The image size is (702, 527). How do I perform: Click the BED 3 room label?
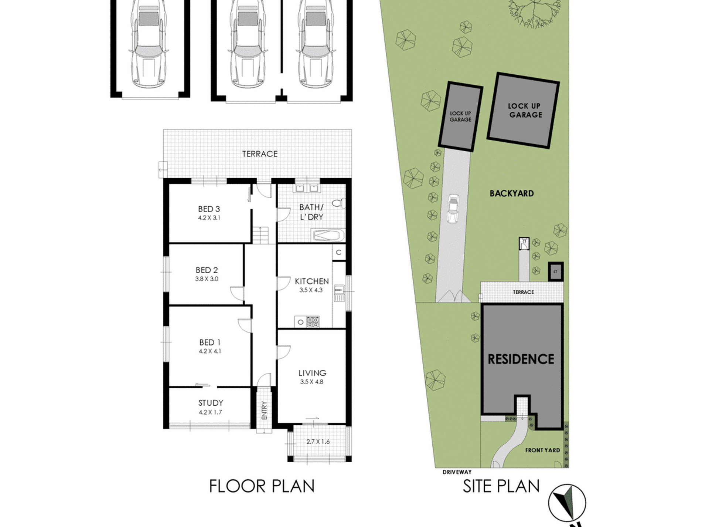coord(209,209)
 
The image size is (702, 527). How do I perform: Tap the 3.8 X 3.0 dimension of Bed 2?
coord(207,279)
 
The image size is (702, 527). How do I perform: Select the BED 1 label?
coord(209,342)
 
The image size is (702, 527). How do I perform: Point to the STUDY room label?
coord(211,403)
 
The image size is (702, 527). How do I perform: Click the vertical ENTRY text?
coord(264,410)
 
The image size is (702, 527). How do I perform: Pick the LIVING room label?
coord(312,373)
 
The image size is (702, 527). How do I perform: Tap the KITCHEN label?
coord(312,281)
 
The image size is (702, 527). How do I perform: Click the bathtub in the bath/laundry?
coord(328,235)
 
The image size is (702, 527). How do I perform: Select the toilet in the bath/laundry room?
coord(339,203)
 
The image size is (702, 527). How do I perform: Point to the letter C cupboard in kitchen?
coord(338,253)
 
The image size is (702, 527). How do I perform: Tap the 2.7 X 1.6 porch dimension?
coord(318,442)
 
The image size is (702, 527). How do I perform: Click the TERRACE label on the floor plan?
coord(260,154)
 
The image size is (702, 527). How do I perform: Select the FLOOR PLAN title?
coord(262,486)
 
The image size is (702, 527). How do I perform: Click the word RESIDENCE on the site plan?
coord(521,359)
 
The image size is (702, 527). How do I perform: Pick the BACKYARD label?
coord(512,193)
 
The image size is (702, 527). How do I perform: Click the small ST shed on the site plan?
coord(555,271)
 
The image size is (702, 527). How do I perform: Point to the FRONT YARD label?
coord(542,450)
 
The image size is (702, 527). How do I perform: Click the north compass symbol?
coord(567,503)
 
